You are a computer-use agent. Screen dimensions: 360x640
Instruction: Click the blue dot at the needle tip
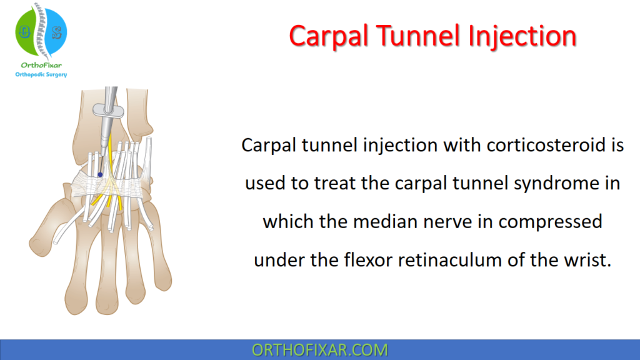coord(100,175)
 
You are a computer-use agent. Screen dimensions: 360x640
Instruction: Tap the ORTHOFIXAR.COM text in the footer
coord(319,350)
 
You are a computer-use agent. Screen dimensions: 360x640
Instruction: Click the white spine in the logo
coord(40,28)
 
